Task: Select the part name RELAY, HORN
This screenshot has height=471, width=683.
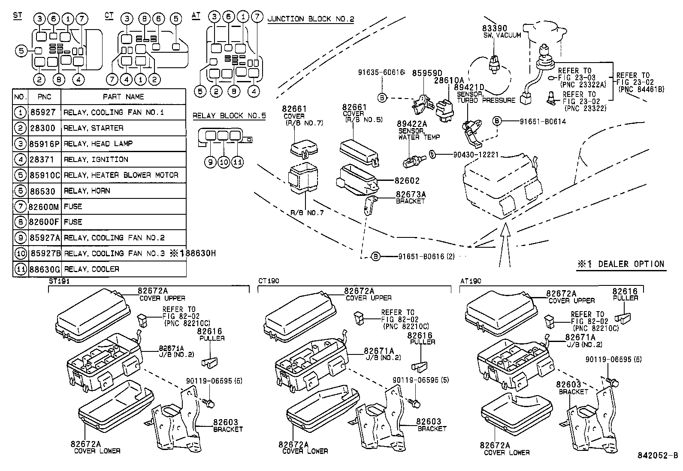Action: point(87,191)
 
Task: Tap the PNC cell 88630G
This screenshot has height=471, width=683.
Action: point(45,269)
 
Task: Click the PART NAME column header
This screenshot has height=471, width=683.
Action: point(123,97)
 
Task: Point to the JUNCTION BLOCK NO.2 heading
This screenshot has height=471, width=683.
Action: point(310,19)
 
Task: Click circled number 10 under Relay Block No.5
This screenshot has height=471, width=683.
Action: point(224,162)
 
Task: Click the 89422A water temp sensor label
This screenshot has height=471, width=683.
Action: point(413,124)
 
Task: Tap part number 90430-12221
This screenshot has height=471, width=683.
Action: point(475,155)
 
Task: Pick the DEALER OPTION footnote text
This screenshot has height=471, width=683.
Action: point(621,264)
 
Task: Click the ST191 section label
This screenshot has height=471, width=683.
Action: point(59,281)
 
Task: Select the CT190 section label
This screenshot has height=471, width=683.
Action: point(269,281)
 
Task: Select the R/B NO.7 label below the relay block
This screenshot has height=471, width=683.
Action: point(306,212)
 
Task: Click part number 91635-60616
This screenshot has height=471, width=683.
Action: point(381,73)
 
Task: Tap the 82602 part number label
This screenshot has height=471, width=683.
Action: point(408,181)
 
